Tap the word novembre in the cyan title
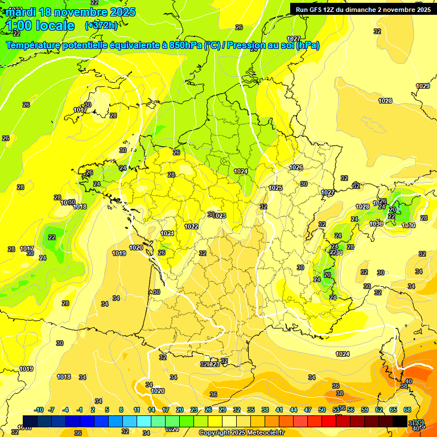[81, 12]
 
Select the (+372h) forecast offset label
[101, 26]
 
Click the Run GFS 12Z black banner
[361, 9]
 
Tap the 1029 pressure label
[423, 86]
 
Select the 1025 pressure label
[275, 188]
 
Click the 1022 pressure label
[191, 226]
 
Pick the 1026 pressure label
[296, 167]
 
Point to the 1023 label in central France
[220, 215]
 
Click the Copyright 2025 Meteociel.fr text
[241, 432]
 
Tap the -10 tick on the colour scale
[39, 410]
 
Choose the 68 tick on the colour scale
[407, 410]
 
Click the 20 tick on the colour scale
[180, 410]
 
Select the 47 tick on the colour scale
[308, 410]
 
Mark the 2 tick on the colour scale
[93, 410]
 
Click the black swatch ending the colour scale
[400, 421]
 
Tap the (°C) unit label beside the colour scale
[418, 422]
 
